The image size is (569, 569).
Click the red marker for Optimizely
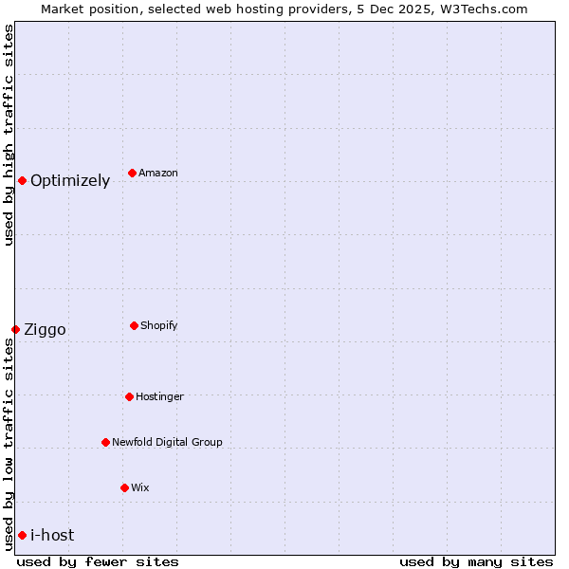(22, 180)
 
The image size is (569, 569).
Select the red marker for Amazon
(132, 173)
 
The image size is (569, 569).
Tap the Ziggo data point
(15, 329)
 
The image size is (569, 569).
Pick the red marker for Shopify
(134, 325)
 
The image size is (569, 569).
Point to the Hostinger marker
(129, 396)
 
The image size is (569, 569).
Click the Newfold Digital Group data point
(105, 442)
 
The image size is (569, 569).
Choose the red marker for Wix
(124, 487)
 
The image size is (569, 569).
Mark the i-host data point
(22, 535)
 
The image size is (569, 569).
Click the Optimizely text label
(70, 180)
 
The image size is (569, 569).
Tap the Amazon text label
(158, 173)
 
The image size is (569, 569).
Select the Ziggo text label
(45, 330)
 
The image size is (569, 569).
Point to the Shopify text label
(159, 325)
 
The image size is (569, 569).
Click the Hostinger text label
(159, 396)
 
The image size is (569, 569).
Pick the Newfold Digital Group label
(167, 442)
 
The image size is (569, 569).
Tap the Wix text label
(140, 487)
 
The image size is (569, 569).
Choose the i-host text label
(52, 535)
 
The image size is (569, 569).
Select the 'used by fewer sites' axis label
(98, 561)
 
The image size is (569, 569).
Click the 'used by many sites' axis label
(476, 561)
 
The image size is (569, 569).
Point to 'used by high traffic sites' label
(9, 135)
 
